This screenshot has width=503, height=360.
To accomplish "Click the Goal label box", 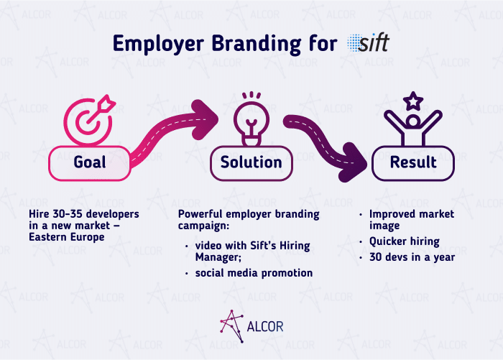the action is (x=90, y=163).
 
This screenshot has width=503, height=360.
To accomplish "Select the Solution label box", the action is (x=251, y=163).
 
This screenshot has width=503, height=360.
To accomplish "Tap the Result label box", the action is (x=413, y=163).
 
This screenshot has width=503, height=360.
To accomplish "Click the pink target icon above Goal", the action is (x=89, y=120).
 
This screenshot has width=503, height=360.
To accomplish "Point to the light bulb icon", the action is (x=251, y=119).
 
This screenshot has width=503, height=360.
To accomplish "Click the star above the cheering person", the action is (x=413, y=101).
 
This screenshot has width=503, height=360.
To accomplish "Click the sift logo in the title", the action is (x=368, y=42).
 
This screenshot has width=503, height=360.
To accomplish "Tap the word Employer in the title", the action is (x=159, y=44).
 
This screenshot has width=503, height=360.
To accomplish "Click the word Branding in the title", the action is (x=257, y=44).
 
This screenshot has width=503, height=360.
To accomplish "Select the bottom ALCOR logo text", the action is (x=265, y=327).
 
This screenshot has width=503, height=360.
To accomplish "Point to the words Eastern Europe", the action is (x=67, y=237).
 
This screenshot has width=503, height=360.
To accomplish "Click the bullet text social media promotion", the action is (x=254, y=273).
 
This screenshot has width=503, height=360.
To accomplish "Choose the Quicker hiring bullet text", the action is (x=404, y=241).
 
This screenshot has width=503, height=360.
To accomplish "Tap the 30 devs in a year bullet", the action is (x=412, y=257).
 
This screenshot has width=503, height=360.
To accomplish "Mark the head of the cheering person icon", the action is (x=413, y=121).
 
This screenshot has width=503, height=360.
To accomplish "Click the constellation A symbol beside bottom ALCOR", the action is (x=231, y=326).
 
